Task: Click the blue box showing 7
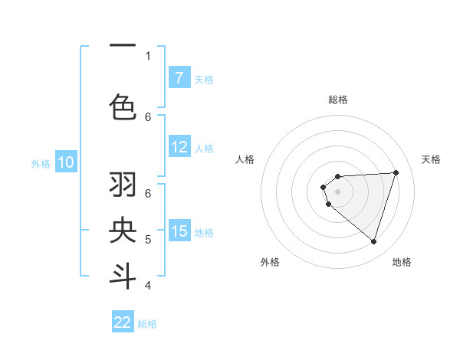(179, 78)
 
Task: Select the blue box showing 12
(179, 147)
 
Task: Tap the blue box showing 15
(179, 231)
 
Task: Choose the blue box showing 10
(66, 162)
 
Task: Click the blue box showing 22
(123, 322)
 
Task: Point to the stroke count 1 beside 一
(148, 55)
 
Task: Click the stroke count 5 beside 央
(148, 240)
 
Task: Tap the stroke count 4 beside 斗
(148, 286)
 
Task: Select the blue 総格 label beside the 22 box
(147, 324)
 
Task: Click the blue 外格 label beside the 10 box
(41, 163)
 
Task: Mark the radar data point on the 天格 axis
(396, 172)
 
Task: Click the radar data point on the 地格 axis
(373, 241)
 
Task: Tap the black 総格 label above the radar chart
(338, 100)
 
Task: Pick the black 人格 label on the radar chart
(245, 159)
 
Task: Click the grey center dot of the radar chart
(337, 191)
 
